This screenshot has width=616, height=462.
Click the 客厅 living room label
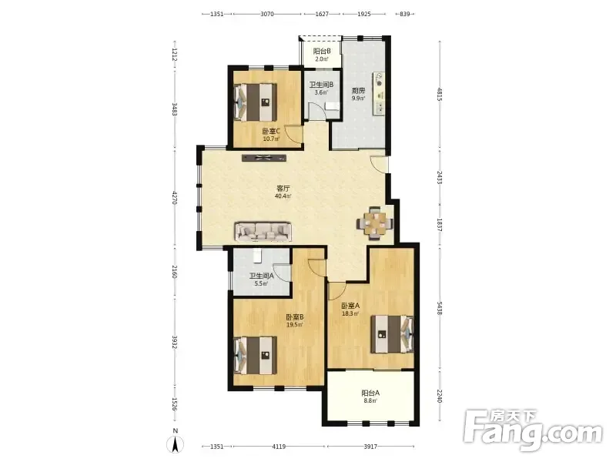[283, 188]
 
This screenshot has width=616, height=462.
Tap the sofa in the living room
[263, 232]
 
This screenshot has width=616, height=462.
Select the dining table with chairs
[375, 223]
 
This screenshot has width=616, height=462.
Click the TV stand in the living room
[264, 158]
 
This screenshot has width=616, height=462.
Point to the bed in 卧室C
[256, 102]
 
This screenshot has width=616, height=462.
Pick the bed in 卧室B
[256, 355]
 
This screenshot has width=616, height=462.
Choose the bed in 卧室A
[392, 334]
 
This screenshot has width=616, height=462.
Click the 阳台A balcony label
[370, 393]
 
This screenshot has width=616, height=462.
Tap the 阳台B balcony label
[322, 51]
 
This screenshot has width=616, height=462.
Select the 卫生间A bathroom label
[262, 276]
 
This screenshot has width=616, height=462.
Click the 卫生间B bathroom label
[321, 85]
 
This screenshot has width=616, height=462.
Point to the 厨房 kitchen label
[358, 90]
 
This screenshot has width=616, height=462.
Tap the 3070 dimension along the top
[267, 14]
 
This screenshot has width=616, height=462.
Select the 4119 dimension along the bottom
[279, 447]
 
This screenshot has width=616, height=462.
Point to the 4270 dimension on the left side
[176, 197]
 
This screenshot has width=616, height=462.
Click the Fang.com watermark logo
[533, 430]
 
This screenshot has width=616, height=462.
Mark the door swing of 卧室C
[293, 133]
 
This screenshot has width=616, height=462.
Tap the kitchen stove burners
[380, 79]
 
